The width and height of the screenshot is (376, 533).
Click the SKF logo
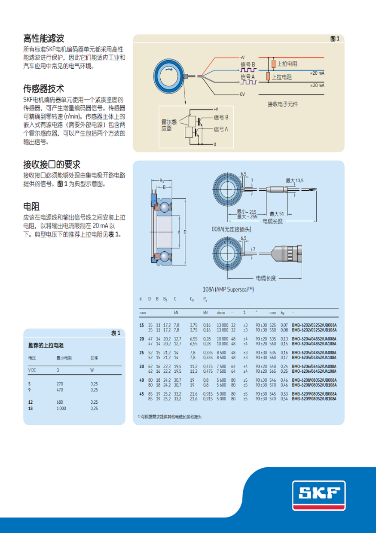(319, 495)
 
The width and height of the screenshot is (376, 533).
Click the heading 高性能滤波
(43, 39)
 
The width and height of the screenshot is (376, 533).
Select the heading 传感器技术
(43, 89)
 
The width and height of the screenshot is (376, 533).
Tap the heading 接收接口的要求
(52, 164)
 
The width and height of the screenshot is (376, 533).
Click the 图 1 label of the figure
(335, 39)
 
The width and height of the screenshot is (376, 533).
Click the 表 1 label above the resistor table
(116, 333)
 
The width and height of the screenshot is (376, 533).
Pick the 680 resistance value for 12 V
(60, 402)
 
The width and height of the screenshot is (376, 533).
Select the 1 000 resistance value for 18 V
(61, 408)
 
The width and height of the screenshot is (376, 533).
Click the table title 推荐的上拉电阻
(46, 346)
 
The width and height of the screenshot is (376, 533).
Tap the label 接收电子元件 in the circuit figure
(282, 104)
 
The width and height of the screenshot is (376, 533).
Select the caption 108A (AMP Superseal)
(228, 289)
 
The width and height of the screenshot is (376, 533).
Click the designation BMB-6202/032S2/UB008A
(314, 325)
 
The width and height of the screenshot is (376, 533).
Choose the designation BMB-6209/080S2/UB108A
(314, 399)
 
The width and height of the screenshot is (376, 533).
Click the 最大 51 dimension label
(277, 213)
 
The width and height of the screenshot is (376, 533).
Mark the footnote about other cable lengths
(170, 417)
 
